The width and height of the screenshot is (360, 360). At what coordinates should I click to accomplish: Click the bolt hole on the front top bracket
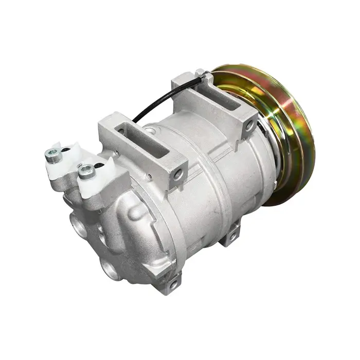pyautogui.click(x=178, y=175)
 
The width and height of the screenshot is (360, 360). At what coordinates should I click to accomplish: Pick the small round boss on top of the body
pyautogui.click(x=150, y=132)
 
